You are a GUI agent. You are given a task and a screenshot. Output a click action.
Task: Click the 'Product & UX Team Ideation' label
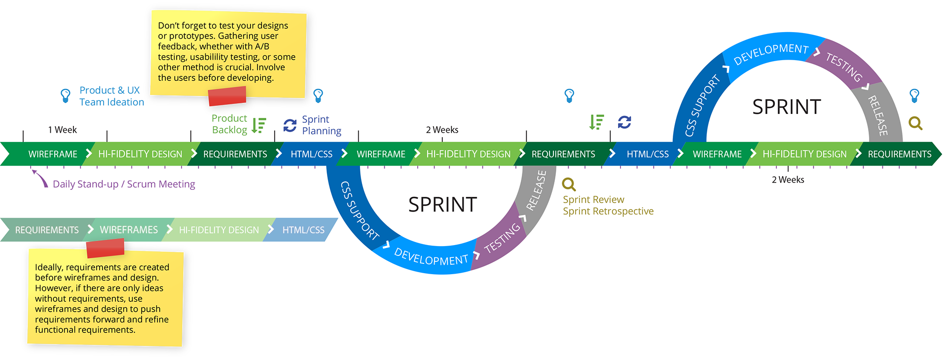tap(111, 96)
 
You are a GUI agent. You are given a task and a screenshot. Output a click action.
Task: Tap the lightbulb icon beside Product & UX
tap(65, 95)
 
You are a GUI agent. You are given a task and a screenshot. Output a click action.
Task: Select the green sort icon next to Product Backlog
tap(258, 125)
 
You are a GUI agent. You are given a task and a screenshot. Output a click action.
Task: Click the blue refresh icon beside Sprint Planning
tap(290, 125)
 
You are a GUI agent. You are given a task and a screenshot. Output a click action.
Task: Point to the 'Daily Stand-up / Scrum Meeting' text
tap(124, 184)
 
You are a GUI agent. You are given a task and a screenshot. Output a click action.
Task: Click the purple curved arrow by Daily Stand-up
tap(39, 178)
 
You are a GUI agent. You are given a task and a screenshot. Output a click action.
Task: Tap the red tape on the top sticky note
tap(227, 96)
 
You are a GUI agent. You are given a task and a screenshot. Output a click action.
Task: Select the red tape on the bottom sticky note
tap(105, 248)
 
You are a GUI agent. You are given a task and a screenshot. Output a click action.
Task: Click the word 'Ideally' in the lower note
tap(48, 267)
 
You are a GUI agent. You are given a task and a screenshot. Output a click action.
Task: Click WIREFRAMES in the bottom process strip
tap(129, 230)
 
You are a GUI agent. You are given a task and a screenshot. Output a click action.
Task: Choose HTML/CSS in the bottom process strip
tap(303, 230)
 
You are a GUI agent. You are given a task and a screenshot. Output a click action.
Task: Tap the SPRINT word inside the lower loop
tap(442, 205)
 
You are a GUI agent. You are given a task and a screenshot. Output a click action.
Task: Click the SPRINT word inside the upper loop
tap(786, 107)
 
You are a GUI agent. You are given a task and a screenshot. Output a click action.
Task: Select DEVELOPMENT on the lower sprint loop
tap(431, 257)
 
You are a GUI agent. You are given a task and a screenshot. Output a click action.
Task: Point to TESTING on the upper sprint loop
tap(844, 67)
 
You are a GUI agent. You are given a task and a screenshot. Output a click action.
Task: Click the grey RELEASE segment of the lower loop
tap(536, 190)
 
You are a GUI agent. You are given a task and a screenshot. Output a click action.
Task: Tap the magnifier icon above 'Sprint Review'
tap(569, 184)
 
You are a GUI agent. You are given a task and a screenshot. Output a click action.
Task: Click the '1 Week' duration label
tap(63, 130)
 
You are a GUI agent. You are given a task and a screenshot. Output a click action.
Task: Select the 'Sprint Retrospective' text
tap(608, 212)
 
